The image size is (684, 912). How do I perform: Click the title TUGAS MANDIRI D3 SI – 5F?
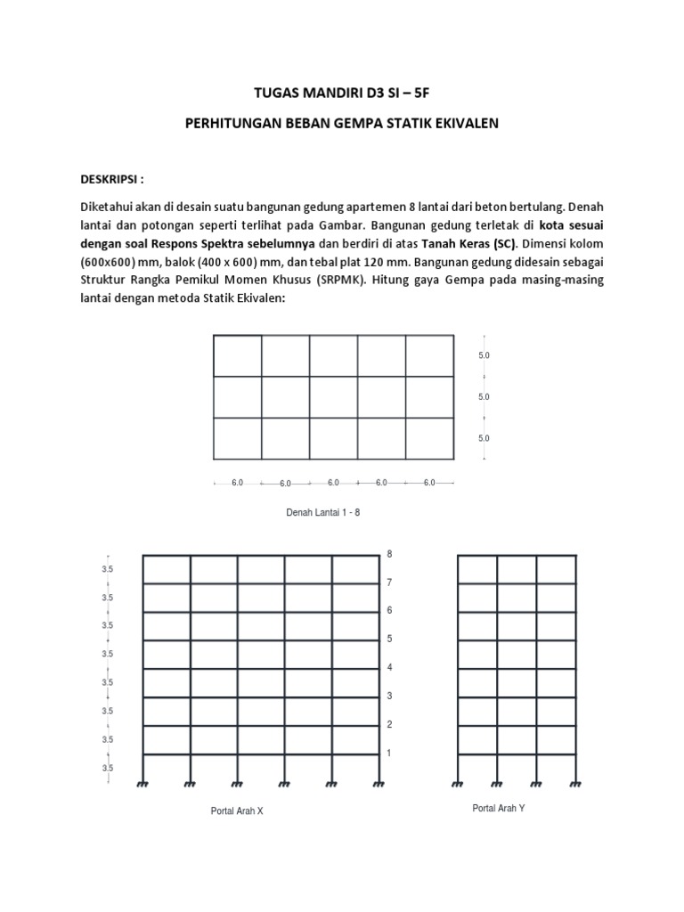coord(342,92)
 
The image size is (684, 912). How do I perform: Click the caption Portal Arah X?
coord(237,810)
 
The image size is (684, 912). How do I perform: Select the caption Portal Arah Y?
coord(498,807)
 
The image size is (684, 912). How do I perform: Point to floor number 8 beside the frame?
coord(389,554)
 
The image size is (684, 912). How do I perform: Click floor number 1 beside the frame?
coord(389,753)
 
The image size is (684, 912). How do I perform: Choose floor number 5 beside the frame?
coord(389,639)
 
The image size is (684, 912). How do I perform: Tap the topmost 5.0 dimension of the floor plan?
coord(484,354)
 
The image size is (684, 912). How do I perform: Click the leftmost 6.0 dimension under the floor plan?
coord(237,483)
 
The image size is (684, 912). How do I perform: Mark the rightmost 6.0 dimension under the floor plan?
coord(429,483)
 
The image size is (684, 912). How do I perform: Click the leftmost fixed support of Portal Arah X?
coord(142,783)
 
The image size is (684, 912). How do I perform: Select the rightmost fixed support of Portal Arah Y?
coord(576,783)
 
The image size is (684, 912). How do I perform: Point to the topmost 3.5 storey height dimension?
coord(107,568)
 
